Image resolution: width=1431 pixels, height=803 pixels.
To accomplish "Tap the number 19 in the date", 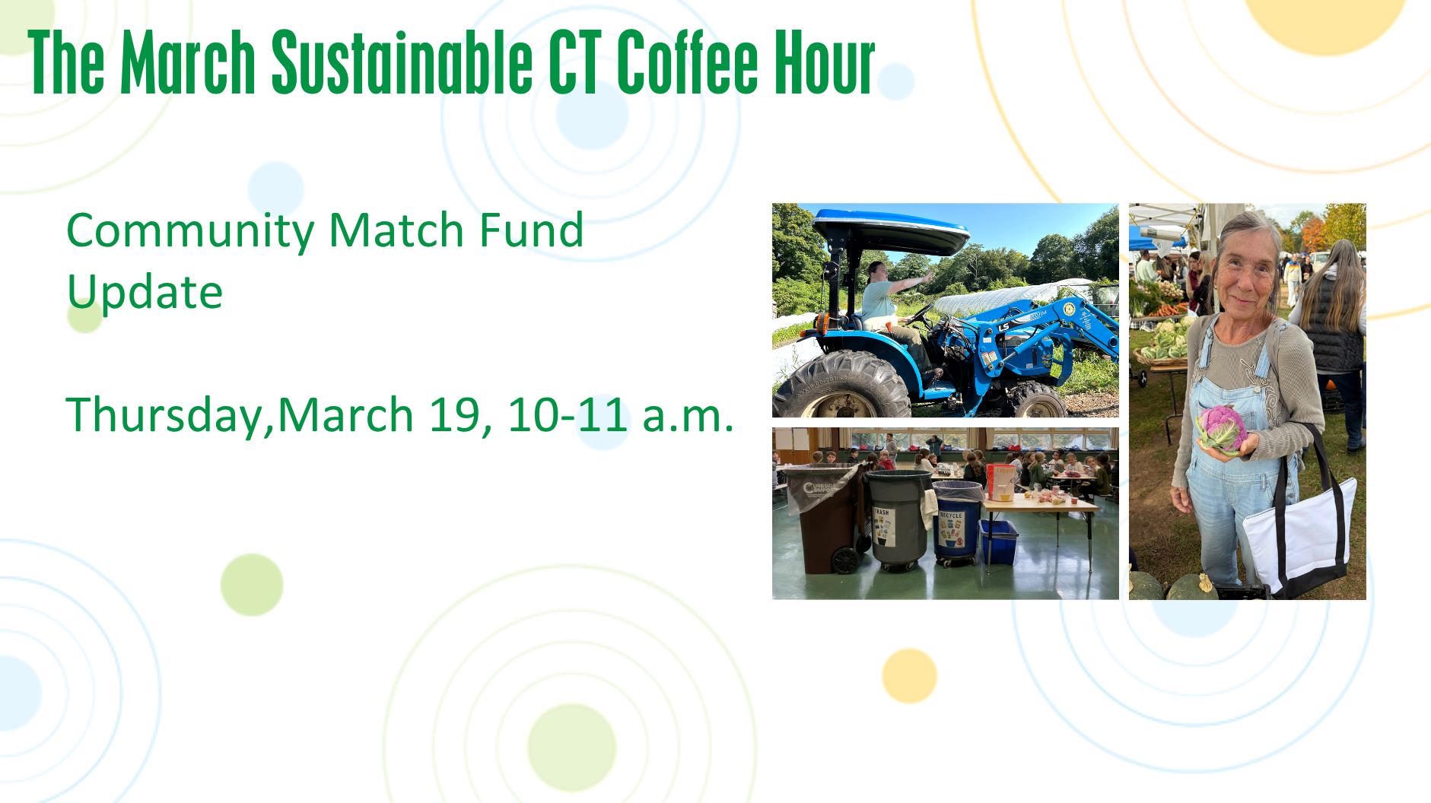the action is click(456, 415).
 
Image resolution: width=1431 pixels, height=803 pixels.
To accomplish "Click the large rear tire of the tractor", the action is click(841, 386).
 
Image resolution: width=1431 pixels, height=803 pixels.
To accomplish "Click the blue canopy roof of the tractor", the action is click(890, 230).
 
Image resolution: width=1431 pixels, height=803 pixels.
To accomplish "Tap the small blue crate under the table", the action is click(998, 541).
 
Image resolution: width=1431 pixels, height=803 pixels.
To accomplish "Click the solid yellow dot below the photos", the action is click(909, 675).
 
